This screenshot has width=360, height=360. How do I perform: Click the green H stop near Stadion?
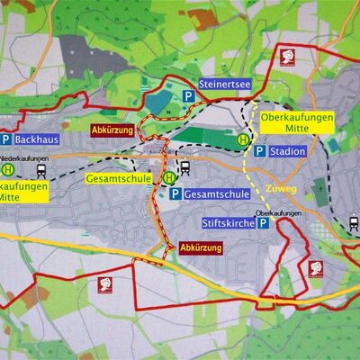[242, 139]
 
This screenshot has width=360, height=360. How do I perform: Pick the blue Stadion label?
[286, 152]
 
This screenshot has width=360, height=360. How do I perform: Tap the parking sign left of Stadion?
[259, 152]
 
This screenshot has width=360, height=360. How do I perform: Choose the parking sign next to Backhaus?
[6, 140]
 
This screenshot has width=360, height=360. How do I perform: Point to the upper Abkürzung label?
[112, 130]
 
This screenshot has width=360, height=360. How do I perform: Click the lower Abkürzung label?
[200, 247]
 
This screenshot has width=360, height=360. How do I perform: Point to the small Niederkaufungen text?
[23, 156]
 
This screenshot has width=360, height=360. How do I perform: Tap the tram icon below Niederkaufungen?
[41, 169]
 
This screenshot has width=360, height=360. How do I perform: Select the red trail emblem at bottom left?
[104, 285]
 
